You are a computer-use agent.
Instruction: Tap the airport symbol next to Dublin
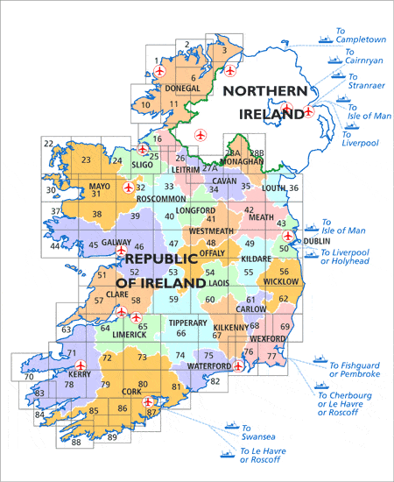tap(288, 236)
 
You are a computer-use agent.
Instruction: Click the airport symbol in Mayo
tap(129, 187)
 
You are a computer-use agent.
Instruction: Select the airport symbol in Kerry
tap(81, 365)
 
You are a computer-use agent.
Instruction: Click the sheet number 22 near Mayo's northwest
tap(48, 144)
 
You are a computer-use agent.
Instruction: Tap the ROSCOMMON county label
tap(163, 199)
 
